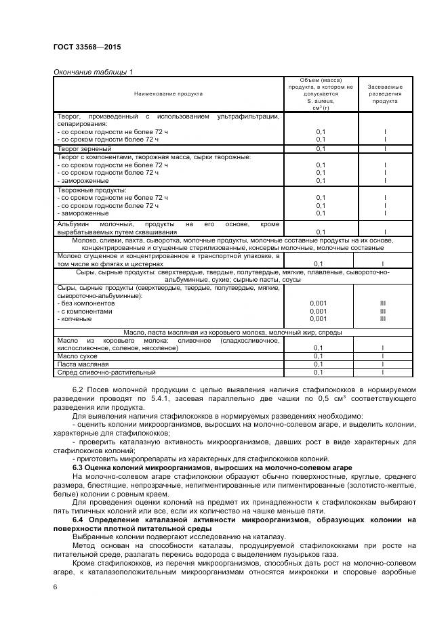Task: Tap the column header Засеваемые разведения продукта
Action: tap(384, 93)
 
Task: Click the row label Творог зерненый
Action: tap(84, 148)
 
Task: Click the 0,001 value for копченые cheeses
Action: tap(318, 319)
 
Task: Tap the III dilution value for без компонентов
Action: tap(383, 303)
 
